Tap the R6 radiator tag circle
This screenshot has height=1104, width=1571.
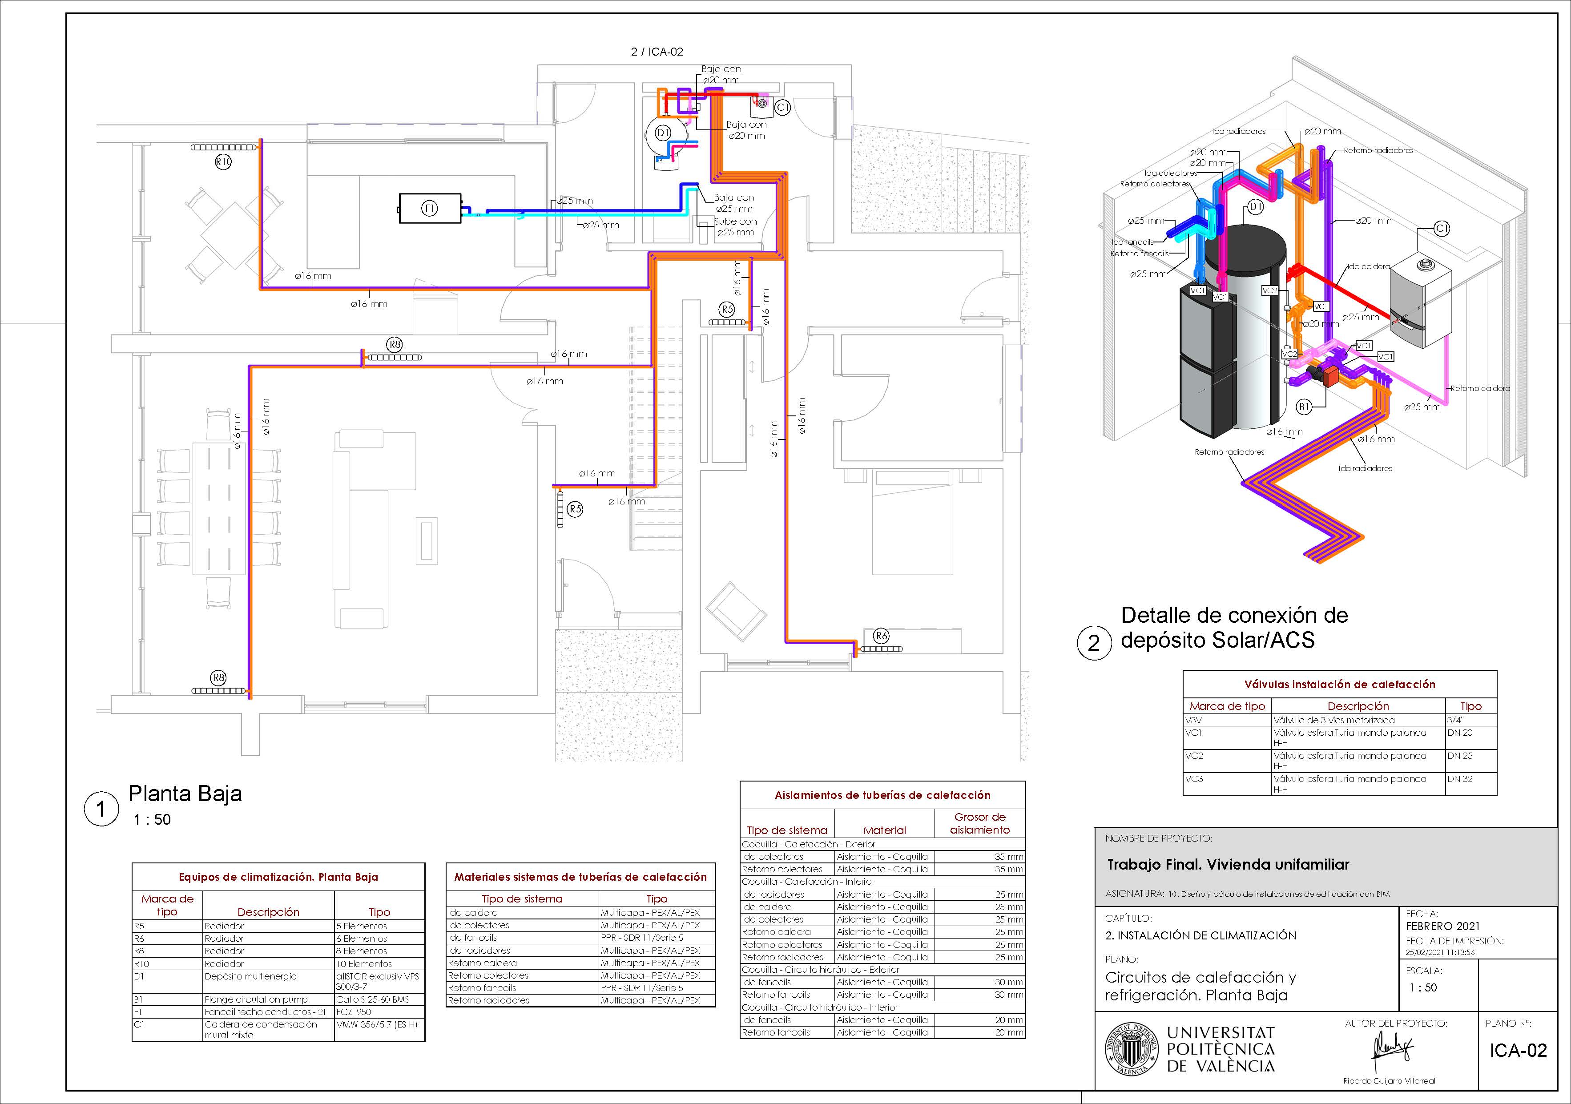point(882,636)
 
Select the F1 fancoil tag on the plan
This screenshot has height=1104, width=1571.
point(429,209)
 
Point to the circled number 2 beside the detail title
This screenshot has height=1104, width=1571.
point(1093,643)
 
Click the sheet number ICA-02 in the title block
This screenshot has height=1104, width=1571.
point(1519,1051)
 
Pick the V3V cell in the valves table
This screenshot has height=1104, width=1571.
point(1194,720)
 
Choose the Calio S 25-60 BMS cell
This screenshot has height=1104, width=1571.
point(373,999)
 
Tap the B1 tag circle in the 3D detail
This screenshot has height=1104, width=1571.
point(1304,407)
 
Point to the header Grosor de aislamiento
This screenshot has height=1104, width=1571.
point(980,823)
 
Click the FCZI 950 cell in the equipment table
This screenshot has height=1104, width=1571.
point(354,1011)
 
